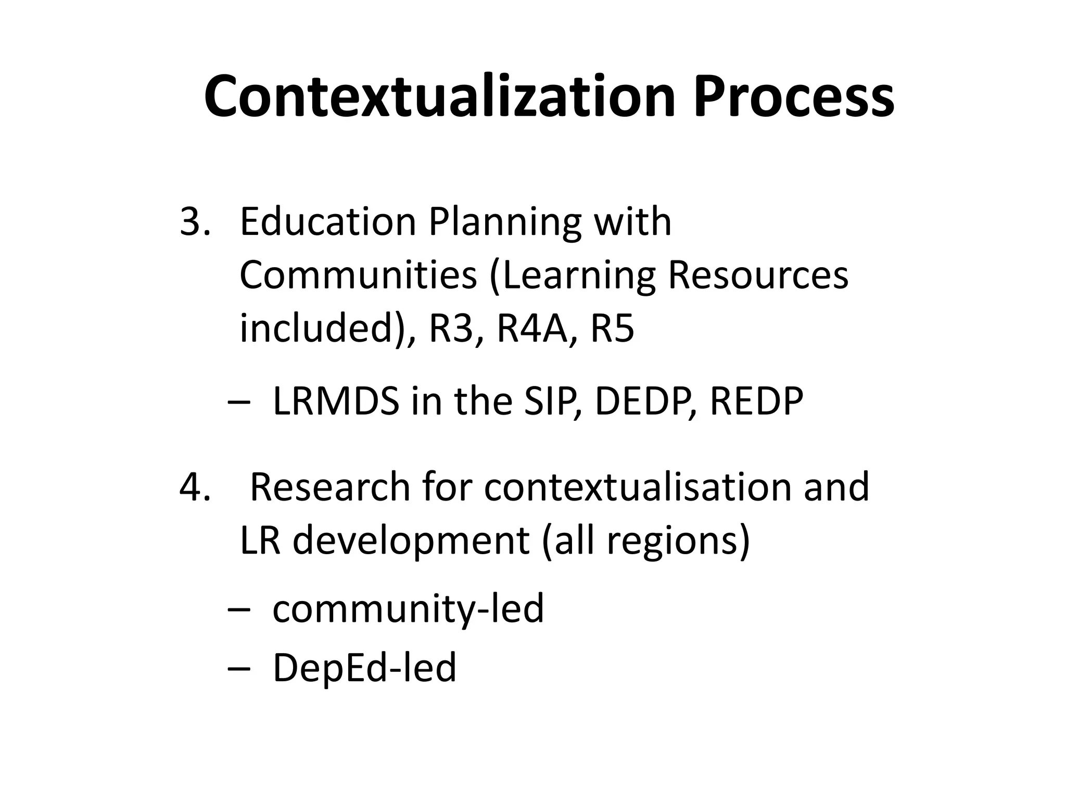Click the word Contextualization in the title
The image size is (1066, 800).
439,97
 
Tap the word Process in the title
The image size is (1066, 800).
793,97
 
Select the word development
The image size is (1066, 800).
411,540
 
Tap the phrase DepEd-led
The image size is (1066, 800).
364,668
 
